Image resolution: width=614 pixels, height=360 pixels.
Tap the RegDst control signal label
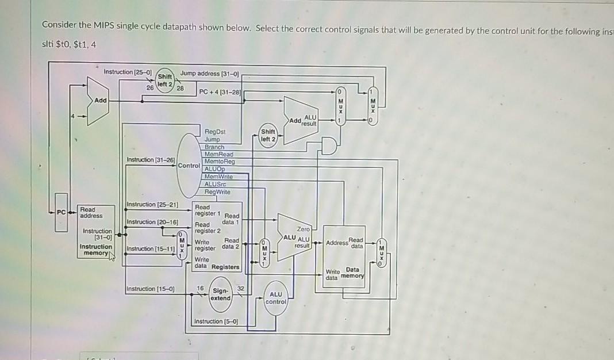click(x=214, y=132)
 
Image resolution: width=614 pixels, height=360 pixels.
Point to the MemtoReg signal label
click(x=219, y=162)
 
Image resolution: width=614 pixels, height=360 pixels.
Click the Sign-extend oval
click(x=221, y=294)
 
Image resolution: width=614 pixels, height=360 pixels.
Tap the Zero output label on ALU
click(x=304, y=229)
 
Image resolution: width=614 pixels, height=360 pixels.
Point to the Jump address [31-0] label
click(x=209, y=73)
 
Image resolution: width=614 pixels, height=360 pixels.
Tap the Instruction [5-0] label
click(x=216, y=321)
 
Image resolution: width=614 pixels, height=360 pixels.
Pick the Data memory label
click(x=351, y=273)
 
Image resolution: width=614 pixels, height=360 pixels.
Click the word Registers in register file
click(x=225, y=267)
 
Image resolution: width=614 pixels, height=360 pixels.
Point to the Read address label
click(x=91, y=212)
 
